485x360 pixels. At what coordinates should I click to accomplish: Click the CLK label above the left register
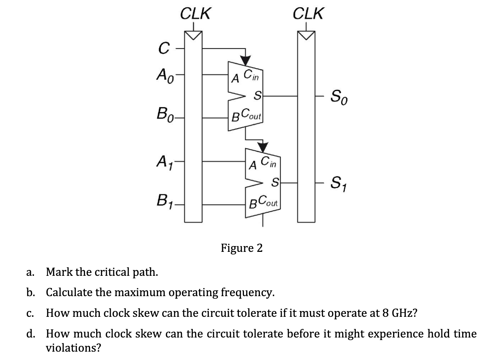click(x=195, y=13)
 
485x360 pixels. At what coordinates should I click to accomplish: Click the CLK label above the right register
click(x=308, y=13)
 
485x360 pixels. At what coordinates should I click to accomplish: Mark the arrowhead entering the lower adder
click(x=263, y=147)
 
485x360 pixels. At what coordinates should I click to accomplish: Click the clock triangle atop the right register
click(x=306, y=35)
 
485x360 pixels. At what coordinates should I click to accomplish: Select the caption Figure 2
click(x=242, y=248)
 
